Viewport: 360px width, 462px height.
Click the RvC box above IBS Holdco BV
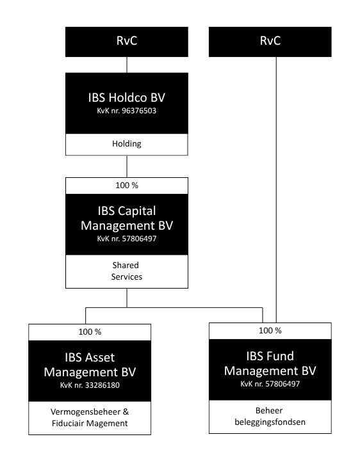[x=127, y=42]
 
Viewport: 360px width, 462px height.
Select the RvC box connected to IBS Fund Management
[x=270, y=42]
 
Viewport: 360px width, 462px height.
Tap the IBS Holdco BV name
[x=127, y=97]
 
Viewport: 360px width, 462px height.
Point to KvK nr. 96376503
[x=127, y=111]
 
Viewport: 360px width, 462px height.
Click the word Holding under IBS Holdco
[x=127, y=144]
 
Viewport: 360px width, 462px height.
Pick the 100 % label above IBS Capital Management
[x=127, y=186]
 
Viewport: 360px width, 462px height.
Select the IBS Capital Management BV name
[x=127, y=218]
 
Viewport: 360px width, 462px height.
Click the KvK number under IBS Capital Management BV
[x=127, y=239]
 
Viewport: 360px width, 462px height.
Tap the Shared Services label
[x=127, y=271]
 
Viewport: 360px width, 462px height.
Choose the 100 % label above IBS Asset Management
[x=90, y=331]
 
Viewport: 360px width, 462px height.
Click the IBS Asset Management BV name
[x=90, y=365]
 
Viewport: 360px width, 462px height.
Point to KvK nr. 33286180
[x=90, y=385]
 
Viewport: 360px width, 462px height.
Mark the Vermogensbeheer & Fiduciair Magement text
[x=90, y=417]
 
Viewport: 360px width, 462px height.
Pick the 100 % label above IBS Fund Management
[x=270, y=331]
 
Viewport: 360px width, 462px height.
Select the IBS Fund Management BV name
[x=270, y=363]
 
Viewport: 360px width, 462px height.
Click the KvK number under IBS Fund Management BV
[x=270, y=384]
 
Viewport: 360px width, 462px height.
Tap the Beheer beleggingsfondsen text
[x=270, y=417]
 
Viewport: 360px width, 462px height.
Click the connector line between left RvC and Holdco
[x=127, y=65]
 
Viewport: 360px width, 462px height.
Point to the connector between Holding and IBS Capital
[x=127, y=166]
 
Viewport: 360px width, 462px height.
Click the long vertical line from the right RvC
[x=276, y=190]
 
